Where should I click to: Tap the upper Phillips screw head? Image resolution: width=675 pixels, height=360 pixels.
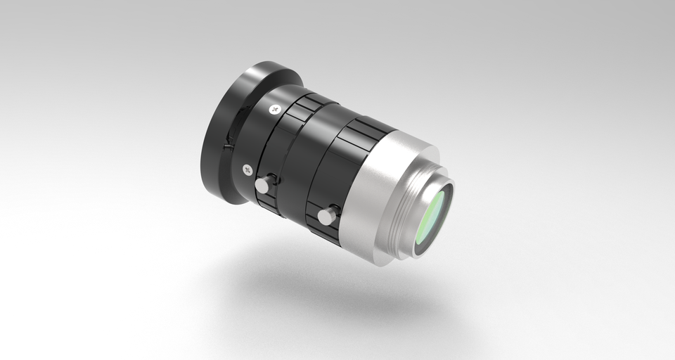274,109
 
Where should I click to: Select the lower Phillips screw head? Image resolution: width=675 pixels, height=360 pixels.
247,169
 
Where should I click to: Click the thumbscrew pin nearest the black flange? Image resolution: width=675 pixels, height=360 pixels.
262,184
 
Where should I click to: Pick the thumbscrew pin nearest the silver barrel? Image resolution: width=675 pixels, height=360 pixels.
326,217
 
